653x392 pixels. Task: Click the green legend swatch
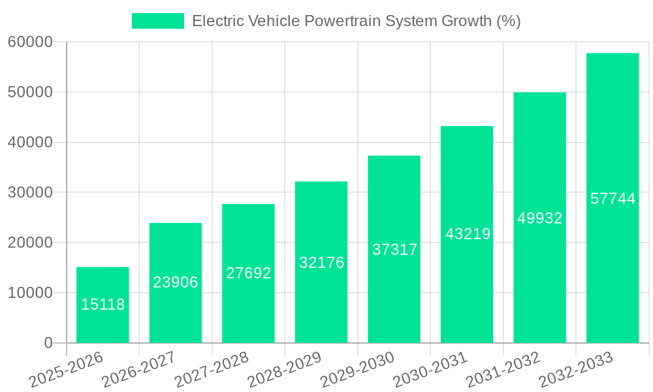(x=158, y=21)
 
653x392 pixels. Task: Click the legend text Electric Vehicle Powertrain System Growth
(x=356, y=21)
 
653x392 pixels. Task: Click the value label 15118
(x=103, y=304)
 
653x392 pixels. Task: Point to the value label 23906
(x=176, y=282)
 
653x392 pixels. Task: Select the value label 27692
(x=248, y=273)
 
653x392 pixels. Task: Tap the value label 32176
(x=321, y=263)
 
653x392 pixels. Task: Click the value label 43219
(x=467, y=234)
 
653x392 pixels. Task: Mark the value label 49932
(x=539, y=218)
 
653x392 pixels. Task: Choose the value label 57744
(x=613, y=199)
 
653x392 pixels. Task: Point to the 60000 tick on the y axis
(x=30, y=42)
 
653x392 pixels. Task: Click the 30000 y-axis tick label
(x=30, y=193)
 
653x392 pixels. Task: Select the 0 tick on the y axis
(x=48, y=343)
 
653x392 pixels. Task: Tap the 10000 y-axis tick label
(x=30, y=293)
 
